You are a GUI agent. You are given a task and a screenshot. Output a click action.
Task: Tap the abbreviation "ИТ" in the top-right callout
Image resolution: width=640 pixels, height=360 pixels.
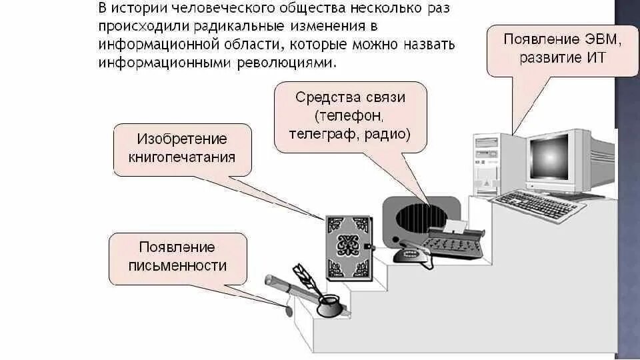596,57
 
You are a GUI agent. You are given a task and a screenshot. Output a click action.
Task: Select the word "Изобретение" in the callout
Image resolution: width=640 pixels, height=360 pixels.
182,139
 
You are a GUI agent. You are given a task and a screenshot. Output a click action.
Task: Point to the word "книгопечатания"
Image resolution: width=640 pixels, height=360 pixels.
182,157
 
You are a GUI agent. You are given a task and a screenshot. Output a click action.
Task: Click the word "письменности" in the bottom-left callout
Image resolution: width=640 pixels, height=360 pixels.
178,266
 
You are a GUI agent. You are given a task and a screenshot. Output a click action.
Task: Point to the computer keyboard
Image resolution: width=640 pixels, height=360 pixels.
537,206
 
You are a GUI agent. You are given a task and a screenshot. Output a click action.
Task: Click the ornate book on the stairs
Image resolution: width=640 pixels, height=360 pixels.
347,247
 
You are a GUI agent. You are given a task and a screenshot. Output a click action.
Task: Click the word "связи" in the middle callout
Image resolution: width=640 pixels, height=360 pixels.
386,97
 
